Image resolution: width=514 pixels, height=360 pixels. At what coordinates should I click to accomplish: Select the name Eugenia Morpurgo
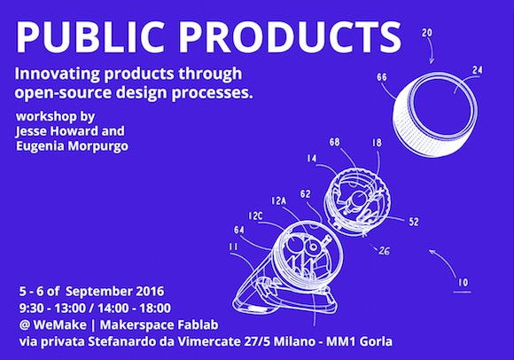72,146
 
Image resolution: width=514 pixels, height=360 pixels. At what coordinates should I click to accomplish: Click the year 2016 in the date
150,291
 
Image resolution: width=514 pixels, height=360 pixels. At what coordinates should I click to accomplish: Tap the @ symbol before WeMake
25,325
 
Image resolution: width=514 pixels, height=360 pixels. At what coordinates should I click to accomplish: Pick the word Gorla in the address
376,341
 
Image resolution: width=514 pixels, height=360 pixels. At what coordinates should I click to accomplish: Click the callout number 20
427,33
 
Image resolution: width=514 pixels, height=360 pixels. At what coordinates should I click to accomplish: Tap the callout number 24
478,70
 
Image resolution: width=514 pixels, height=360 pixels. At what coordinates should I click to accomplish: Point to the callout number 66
382,77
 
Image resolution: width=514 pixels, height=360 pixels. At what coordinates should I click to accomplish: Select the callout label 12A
278,200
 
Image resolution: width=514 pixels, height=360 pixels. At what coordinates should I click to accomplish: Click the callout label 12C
255,216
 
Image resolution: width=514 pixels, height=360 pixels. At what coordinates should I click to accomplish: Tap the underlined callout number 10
463,282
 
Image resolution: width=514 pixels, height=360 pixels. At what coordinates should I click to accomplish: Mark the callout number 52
414,222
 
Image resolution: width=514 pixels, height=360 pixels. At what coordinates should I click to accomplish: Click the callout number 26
385,251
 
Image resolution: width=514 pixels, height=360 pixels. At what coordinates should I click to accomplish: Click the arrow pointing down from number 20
432,52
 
